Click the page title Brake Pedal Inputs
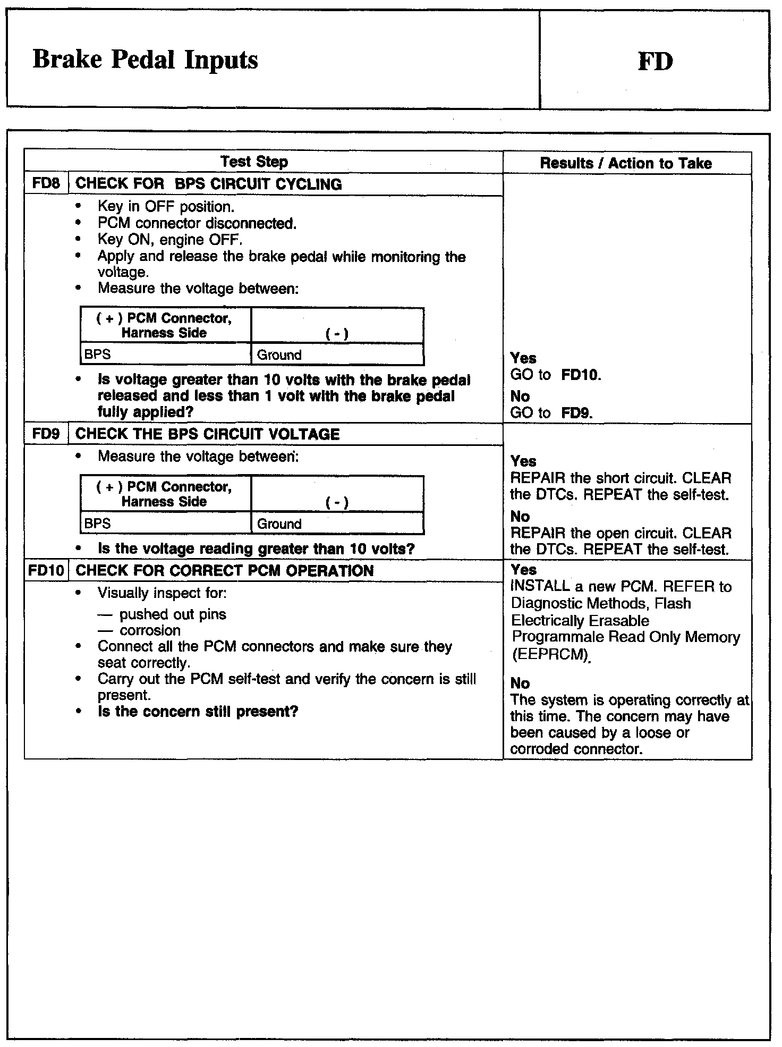pos(145,59)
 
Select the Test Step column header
pos(254,162)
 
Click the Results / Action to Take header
pos(626,163)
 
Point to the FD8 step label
pos(46,183)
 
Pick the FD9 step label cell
pos(46,434)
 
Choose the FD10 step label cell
pos(46,571)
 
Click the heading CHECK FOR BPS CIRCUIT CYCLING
pos(208,184)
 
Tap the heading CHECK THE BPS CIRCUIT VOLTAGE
pos(207,434)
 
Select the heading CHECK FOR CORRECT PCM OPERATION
pos(225,571)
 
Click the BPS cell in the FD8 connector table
pos(98,354)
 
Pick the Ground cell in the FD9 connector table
pos(279,524)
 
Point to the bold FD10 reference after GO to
pos(581,375)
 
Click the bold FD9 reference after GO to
pos(576,413)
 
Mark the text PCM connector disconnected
pos(197,223)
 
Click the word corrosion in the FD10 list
pos(150,630)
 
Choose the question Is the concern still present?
pos(198,712)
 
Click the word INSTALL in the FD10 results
pos(540,586)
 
